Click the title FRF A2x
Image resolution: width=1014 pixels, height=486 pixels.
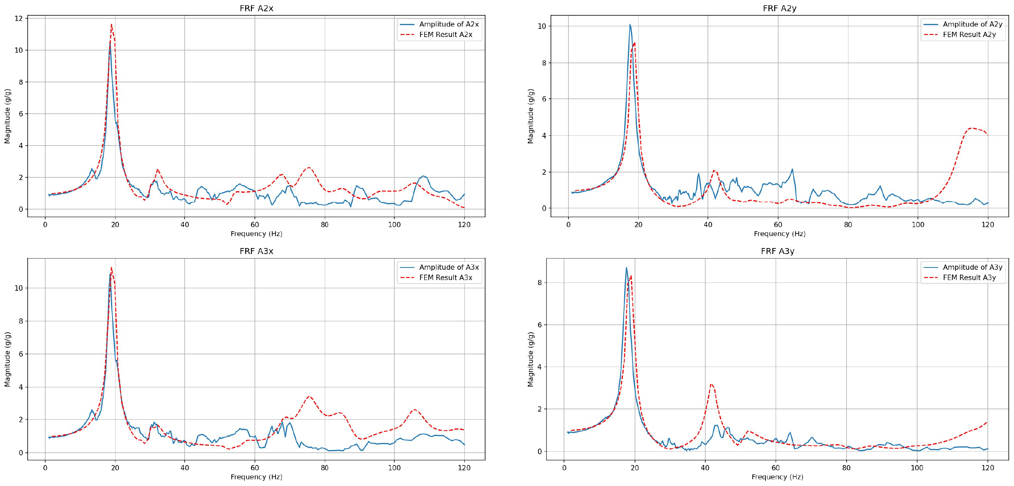pos(256,8)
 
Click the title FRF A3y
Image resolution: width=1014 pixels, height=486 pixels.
pos(777,251)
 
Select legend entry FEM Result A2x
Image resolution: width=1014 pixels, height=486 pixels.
pos(445,35)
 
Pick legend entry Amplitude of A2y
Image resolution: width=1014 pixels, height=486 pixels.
pos(972,24)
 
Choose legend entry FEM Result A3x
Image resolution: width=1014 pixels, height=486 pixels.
pos(445,278)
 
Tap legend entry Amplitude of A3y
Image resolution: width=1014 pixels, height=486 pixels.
pos(972,267)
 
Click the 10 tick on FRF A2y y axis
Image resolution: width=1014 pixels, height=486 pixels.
pos(542,27)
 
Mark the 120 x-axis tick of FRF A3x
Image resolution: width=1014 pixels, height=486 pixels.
pos(464,468)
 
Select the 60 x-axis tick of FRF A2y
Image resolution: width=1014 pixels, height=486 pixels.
pos(778,225)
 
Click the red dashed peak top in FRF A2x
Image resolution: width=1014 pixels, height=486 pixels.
pos(111,25)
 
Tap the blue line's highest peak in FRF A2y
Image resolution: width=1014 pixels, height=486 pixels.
pos(630,24)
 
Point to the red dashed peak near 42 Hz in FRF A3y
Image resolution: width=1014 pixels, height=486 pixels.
pos(711,384)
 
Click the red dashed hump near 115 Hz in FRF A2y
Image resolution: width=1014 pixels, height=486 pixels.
pos(971,128)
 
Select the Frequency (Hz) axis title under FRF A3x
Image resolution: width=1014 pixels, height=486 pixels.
pos(256,477)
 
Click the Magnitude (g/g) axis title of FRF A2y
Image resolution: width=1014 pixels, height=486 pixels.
pos(531,116)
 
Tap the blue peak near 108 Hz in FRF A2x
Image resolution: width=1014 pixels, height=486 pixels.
pos(423,176)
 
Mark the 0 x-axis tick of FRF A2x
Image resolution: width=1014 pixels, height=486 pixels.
pos(45,225)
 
